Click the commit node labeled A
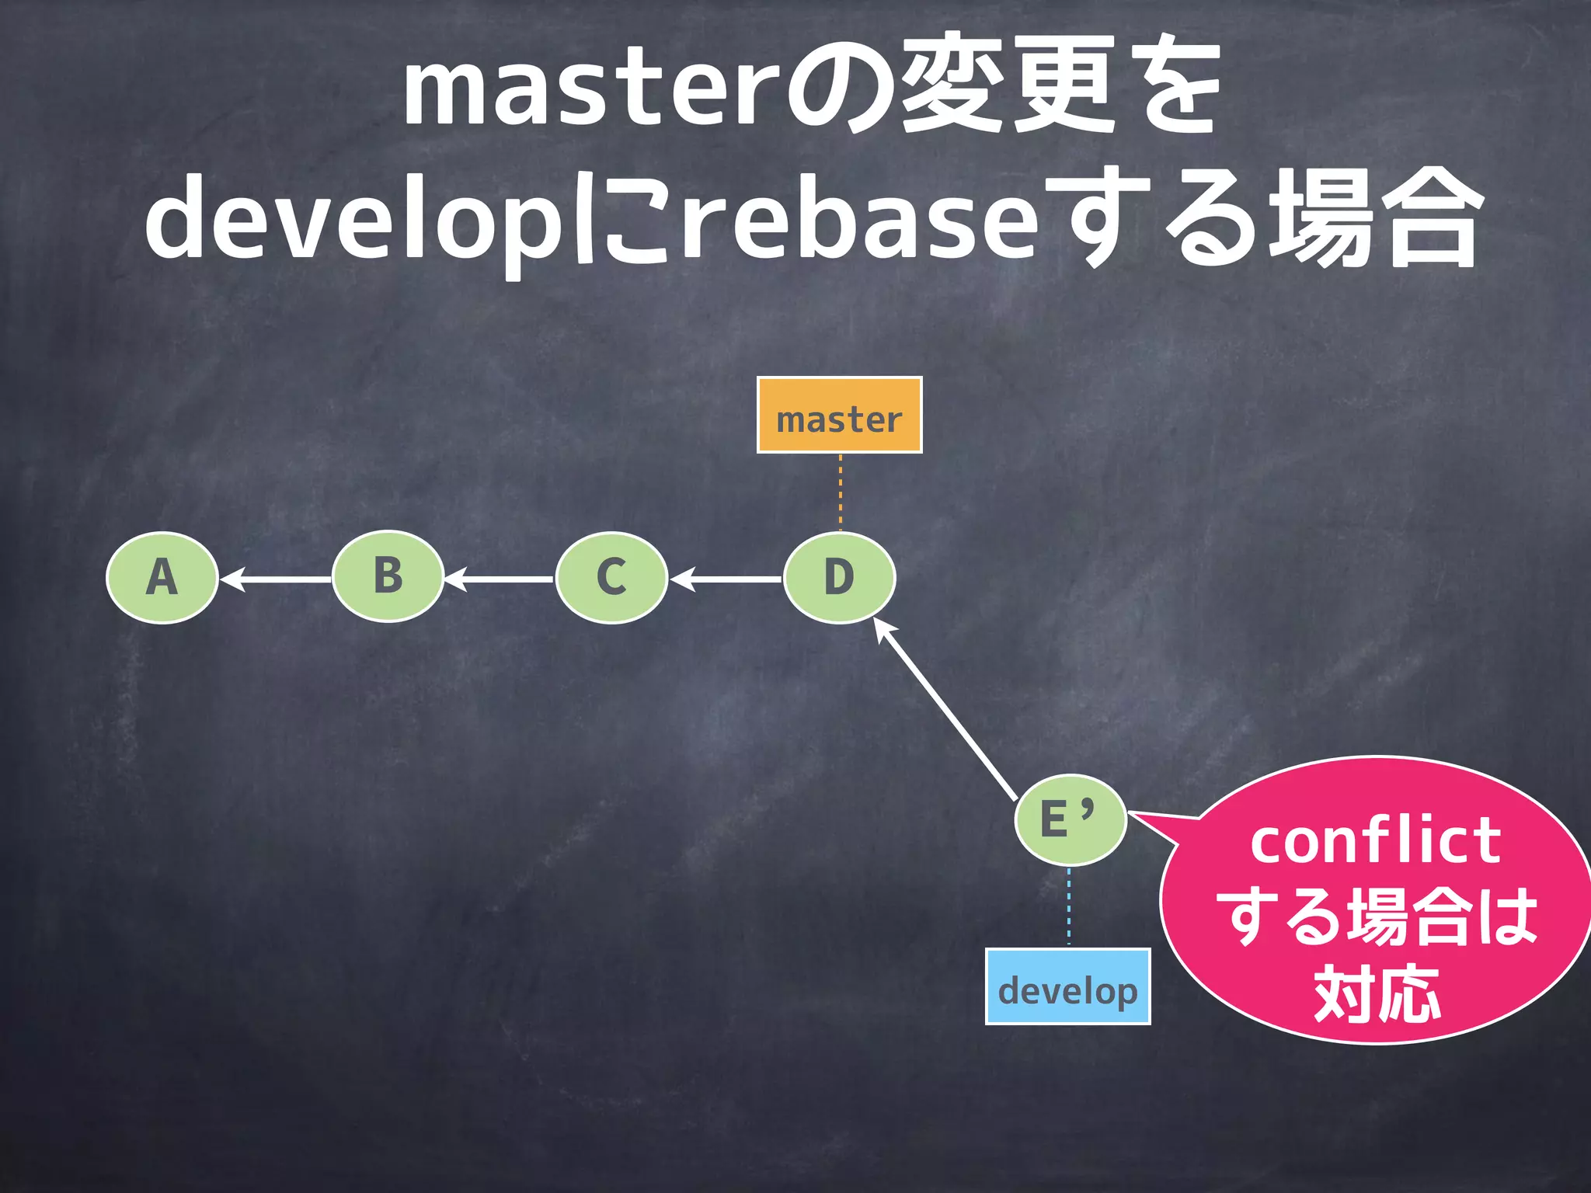(162, 578)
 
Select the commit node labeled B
(388, 576)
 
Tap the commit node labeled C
(611, 578)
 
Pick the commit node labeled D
(839, 578)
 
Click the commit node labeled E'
(1071, 820)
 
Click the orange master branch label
(839, 416)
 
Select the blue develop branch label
(1067, 986)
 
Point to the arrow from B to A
(276, 579)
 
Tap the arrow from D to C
(726, 579)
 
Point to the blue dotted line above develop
(1069, 906)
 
